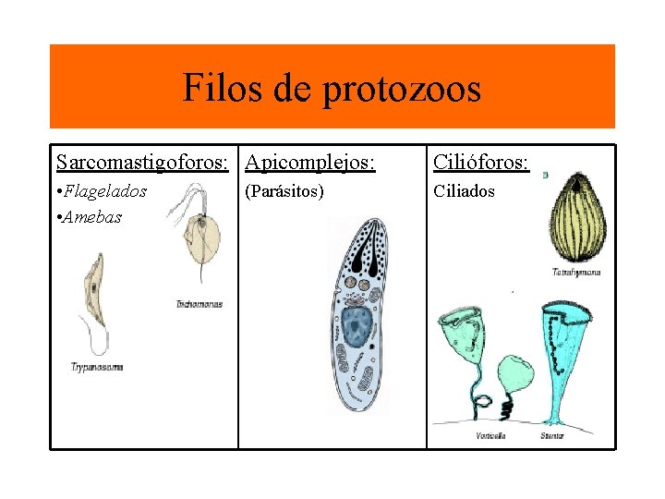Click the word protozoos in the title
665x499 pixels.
click(402, 89)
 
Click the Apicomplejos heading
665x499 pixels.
click(311, 163)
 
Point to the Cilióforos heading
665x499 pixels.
click(480, 163)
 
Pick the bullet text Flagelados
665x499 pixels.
click(104, 191)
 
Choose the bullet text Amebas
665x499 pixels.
click(91, 217)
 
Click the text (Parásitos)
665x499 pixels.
click(284, 191)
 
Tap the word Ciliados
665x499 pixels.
click(465, 191)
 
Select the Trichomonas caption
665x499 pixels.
click(199, 304)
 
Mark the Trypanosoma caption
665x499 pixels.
click(97, 367)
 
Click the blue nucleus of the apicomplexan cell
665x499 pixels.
click(355, 325)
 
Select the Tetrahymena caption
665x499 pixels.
click(576, 273)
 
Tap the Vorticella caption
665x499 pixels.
click(490, 435)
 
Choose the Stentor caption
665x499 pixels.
click(552, 435)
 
